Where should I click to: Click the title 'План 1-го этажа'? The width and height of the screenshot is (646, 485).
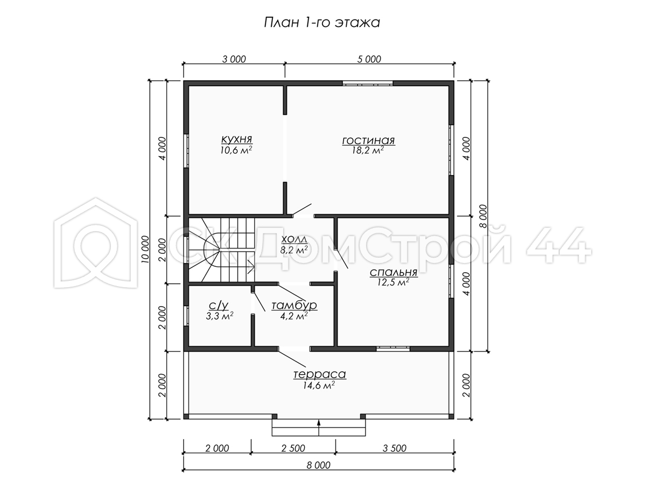coord(322,23)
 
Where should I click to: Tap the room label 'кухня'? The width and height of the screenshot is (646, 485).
coord(237,138)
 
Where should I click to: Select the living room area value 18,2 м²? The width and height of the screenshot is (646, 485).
coord(368,150)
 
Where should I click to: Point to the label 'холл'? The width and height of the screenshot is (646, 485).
coord(294,239)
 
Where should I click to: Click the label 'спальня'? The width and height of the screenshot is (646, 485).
coord(394,272)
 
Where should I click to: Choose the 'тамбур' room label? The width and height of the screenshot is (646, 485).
coord(294,305)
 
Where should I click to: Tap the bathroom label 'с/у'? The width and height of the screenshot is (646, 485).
coord(218,306)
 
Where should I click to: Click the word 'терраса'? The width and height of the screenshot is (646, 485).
coord(319,375)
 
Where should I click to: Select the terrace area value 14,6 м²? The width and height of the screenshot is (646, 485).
coord(319,385)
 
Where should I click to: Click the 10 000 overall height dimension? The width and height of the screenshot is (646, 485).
coord(145,249)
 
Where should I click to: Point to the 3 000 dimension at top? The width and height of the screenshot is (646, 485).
coord(234,59)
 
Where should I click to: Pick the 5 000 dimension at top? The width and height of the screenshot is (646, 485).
coord(369,59)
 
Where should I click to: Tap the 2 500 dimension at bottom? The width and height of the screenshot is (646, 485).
coord(293,448)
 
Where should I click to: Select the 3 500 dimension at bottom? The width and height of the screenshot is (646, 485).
coord(395,448)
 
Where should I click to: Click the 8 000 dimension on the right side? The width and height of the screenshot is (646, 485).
coord(483,216)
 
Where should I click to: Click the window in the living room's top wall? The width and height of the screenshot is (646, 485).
coord(368,83)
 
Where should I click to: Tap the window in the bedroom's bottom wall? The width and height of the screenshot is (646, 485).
coord(393,349)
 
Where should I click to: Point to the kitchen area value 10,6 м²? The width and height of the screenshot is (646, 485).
coord(236,150)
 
